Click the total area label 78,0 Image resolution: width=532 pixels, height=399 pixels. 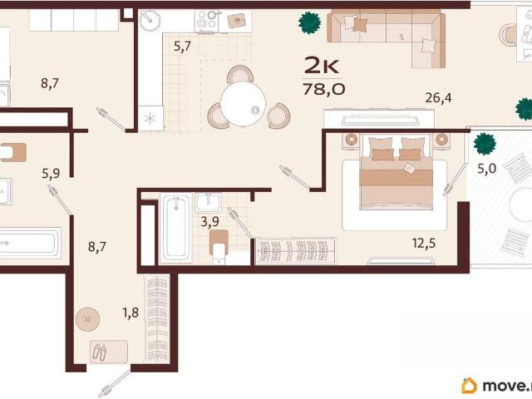point(324,89)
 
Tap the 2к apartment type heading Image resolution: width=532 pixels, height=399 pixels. point(321,65)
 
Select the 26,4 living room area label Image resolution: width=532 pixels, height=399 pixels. point(438,98)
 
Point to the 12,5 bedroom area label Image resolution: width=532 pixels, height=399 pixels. point(424,244)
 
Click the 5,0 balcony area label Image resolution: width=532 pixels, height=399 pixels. point(487,168)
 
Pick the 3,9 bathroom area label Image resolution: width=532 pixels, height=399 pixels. point(209,222)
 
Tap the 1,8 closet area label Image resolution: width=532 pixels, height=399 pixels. point(131,313)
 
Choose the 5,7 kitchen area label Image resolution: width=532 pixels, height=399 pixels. point(183,47)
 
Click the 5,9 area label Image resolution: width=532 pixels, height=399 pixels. point(51,174)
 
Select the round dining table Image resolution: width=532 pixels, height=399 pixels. point(243,104)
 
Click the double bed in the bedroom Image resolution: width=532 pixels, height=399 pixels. point(396,172)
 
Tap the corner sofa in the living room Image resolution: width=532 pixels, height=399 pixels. point(386,37)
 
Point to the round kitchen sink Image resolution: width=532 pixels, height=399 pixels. point(150,20)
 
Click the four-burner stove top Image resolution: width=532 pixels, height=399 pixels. point(207,21)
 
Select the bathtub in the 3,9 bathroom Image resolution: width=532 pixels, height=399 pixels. point(175,227)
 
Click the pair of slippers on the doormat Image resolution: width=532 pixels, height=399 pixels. point(100,352)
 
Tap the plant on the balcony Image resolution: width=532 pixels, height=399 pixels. point(485,144)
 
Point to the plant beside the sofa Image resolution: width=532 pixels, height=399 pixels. point(309,22)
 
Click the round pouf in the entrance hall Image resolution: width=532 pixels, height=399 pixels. point(87,319)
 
